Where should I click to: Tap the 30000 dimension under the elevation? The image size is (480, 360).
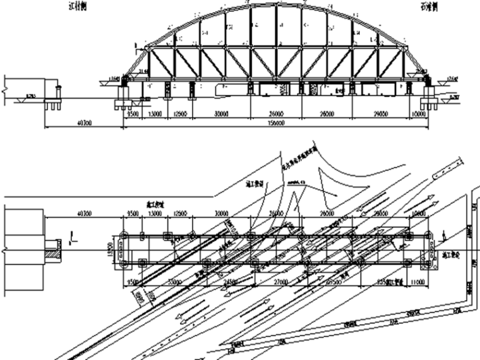pyautogui.click(x=220, y=116)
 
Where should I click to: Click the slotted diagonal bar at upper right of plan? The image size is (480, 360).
pyautogui.click(x=450, y=167)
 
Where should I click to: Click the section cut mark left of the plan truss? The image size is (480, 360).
pyautogui.click(x=73, y=238)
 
